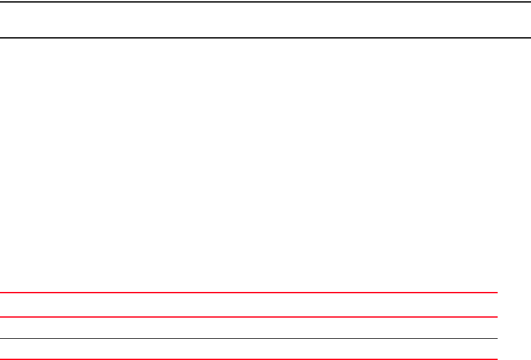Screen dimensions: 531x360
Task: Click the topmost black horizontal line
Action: [x=265, y=1]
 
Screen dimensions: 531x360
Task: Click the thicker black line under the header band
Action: [x=265, y=37]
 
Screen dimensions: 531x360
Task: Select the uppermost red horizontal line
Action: [x=249, y=293]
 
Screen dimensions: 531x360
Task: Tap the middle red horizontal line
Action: [x=249, y=316]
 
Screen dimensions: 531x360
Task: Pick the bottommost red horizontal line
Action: [x=249, y=359]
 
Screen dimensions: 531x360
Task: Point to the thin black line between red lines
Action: [x=249, y=338]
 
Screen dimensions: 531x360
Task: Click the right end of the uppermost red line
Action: [x=496, y=293]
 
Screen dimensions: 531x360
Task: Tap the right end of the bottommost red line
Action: [x=496, y=359]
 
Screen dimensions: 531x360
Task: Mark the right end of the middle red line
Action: [x=496, y=316]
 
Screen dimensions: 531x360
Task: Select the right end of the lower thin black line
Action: [x=496, y=338]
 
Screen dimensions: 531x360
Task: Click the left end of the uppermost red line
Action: [x=1, y=293]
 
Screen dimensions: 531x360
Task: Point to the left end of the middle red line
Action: [x=1, y=316]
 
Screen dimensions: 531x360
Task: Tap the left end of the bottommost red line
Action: [x=1, y=359]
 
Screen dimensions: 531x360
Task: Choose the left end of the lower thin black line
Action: [x=1, y=338]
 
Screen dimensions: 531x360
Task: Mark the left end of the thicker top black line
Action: [x=1, y=37]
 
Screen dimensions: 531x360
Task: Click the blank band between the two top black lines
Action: [x=265, y=19]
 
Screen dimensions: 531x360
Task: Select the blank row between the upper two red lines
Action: [x=249, y=305]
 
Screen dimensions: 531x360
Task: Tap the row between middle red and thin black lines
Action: [x=249, y=327]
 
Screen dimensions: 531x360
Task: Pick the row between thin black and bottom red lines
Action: [x=249, y=348]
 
